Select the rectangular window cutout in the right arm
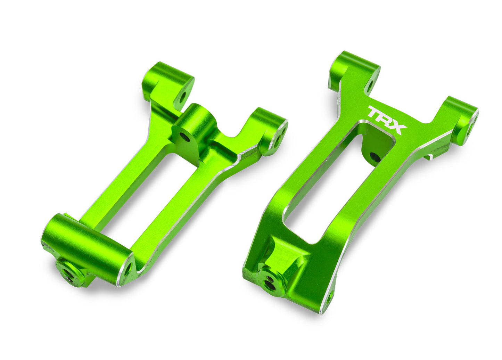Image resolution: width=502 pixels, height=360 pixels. tap(334, 184)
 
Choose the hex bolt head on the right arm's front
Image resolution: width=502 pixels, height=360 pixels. tap(271, 282)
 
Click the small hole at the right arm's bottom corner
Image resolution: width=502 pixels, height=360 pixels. tap(328, 297)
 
